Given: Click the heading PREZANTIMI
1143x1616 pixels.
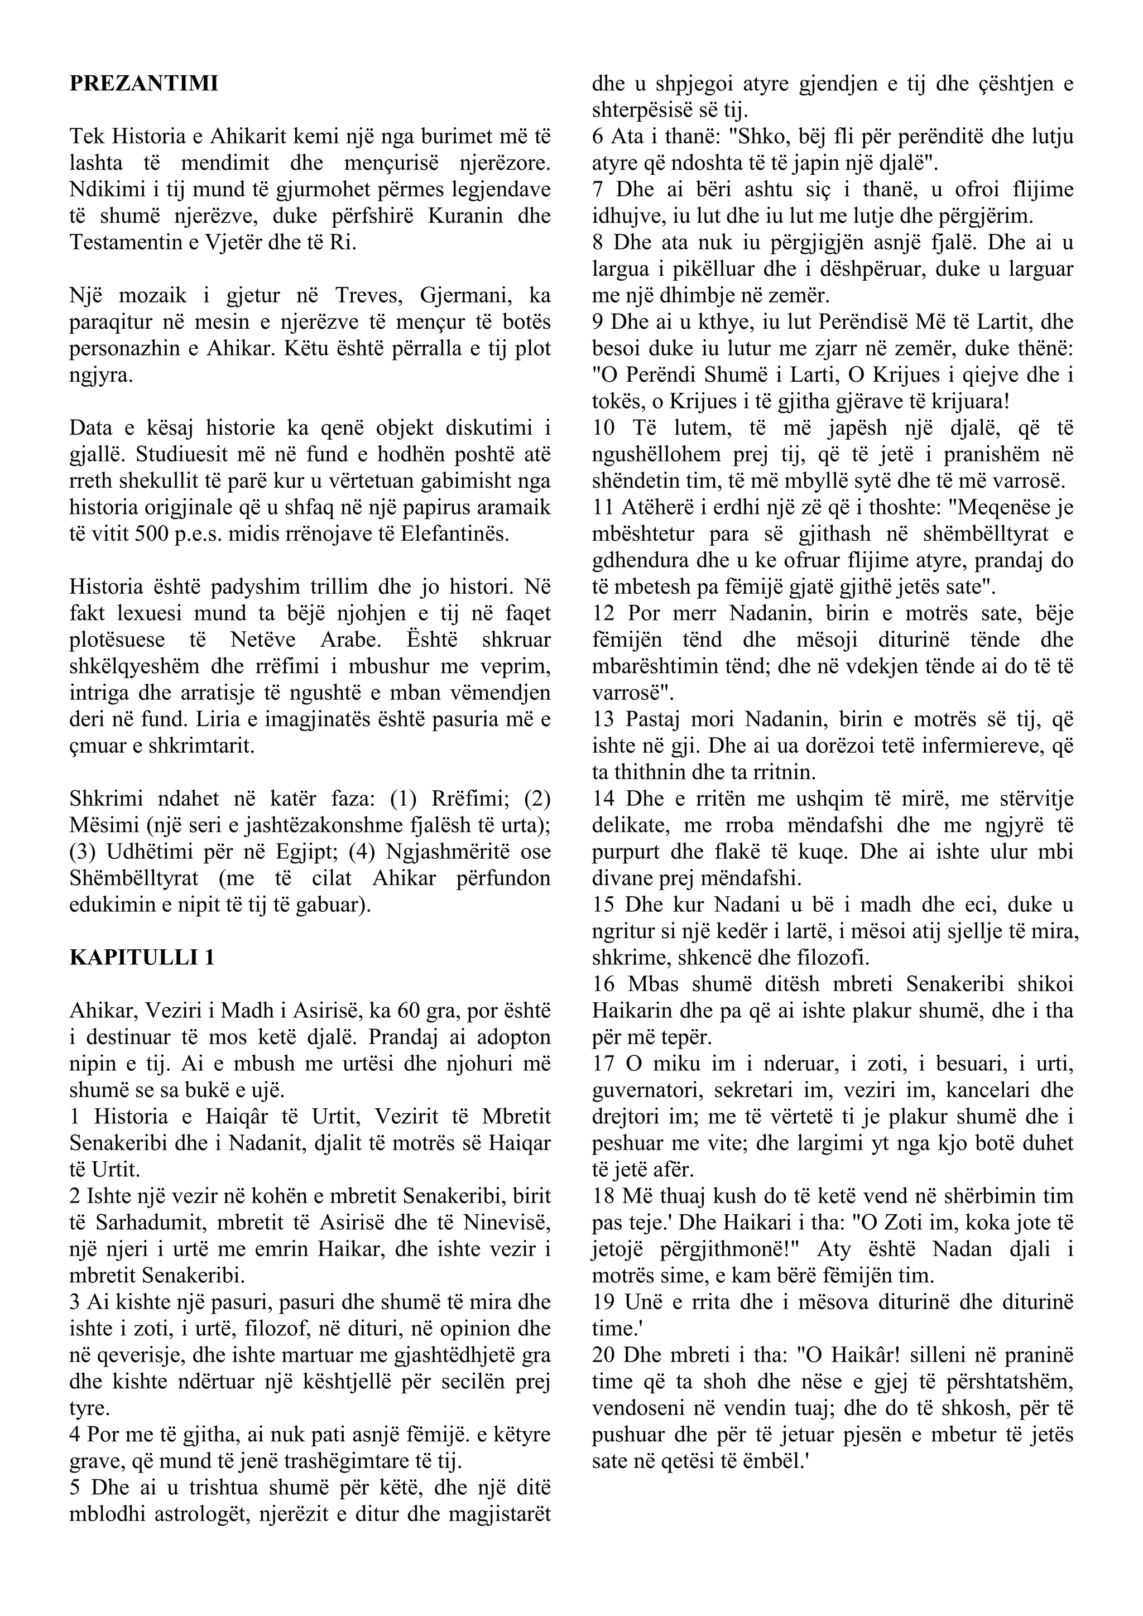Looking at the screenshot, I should pyautogui.click(x=143, y=84).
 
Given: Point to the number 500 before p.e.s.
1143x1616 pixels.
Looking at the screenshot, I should pyautogui.click(x=149, y=534).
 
